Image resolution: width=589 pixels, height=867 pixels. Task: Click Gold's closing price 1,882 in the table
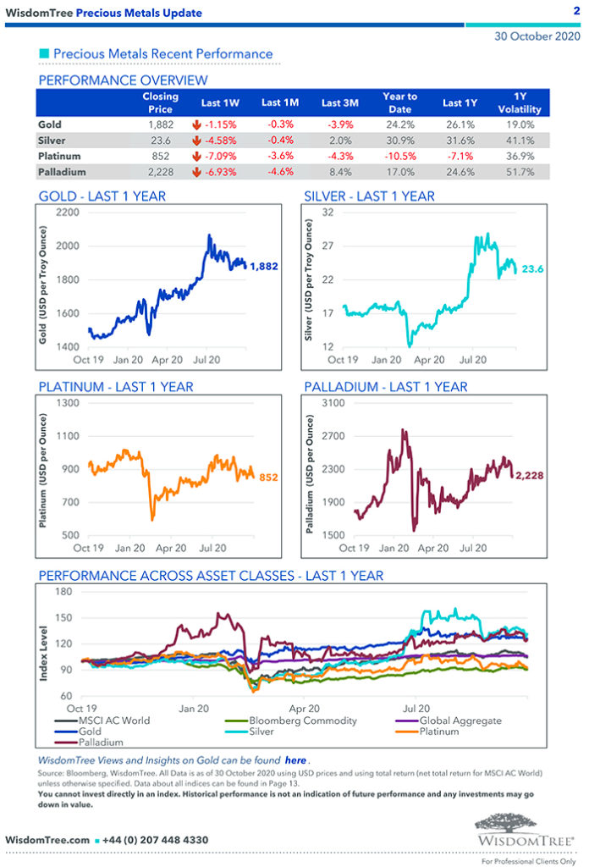[x=161, y=124]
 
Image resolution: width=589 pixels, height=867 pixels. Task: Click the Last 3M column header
[x=340, y=102]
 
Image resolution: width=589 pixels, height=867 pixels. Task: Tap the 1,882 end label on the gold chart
[x=265, y=266]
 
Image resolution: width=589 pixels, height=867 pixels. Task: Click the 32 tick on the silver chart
[x=328, y=213]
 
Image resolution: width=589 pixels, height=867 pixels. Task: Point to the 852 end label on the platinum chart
[x=267, y=478]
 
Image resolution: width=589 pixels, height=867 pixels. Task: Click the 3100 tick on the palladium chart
[x=331, y=403]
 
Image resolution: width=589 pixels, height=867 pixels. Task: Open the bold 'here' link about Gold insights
[x=295, y=761]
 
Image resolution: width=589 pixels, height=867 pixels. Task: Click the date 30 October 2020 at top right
[x=537, y=37]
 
